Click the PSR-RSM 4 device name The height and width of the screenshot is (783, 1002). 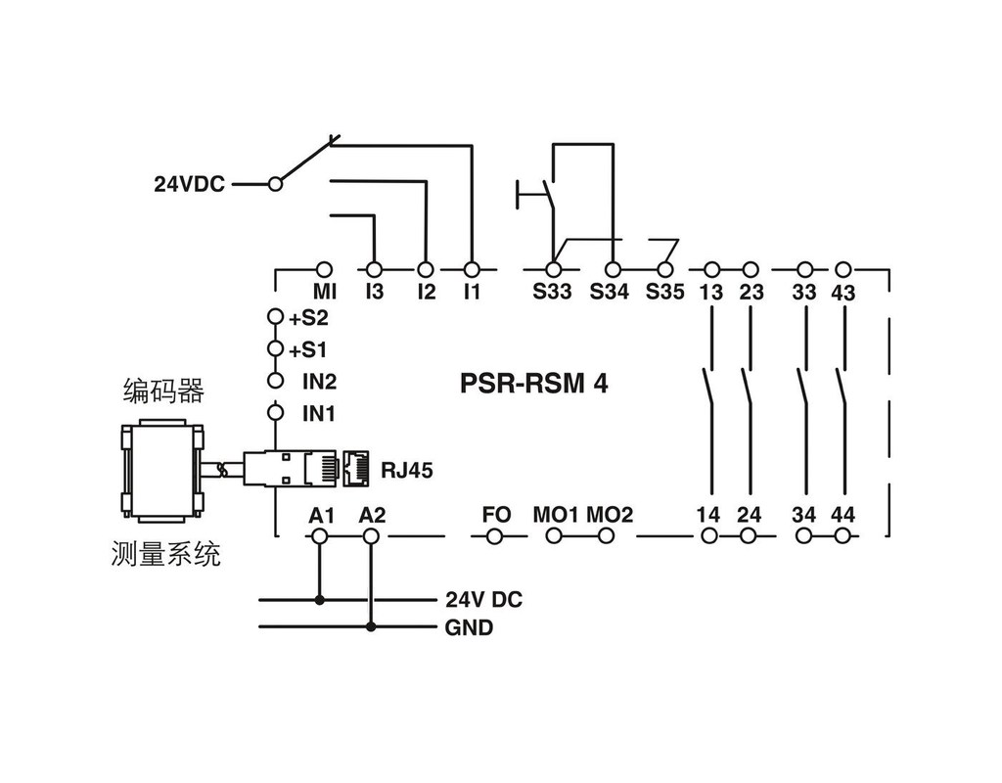tap(533, 383)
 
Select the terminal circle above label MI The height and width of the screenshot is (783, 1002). tap(326, 267)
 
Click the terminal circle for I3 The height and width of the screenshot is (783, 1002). tap(373, 267)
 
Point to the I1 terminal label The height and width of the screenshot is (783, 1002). tap(472, 291)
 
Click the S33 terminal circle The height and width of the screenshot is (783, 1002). tap(553, 267)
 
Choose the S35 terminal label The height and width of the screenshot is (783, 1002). tap(664, 291)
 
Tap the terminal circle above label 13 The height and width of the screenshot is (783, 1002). tap(712, 267)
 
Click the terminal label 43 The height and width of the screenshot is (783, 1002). tap(843, 292)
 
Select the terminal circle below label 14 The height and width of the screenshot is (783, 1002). tap(710, 535)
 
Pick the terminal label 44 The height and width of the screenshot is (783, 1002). tap(843, 514)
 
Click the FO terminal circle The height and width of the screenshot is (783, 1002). tap(495, 535)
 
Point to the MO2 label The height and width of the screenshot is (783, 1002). tap(609, 514)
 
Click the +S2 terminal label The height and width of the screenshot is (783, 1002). tap(308, 318)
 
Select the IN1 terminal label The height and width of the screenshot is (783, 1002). tap(318, 414)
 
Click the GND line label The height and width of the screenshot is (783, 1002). tap(469, 627)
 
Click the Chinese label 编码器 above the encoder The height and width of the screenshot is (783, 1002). tap(163, 391)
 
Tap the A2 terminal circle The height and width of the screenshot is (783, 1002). tap(370, 535)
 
